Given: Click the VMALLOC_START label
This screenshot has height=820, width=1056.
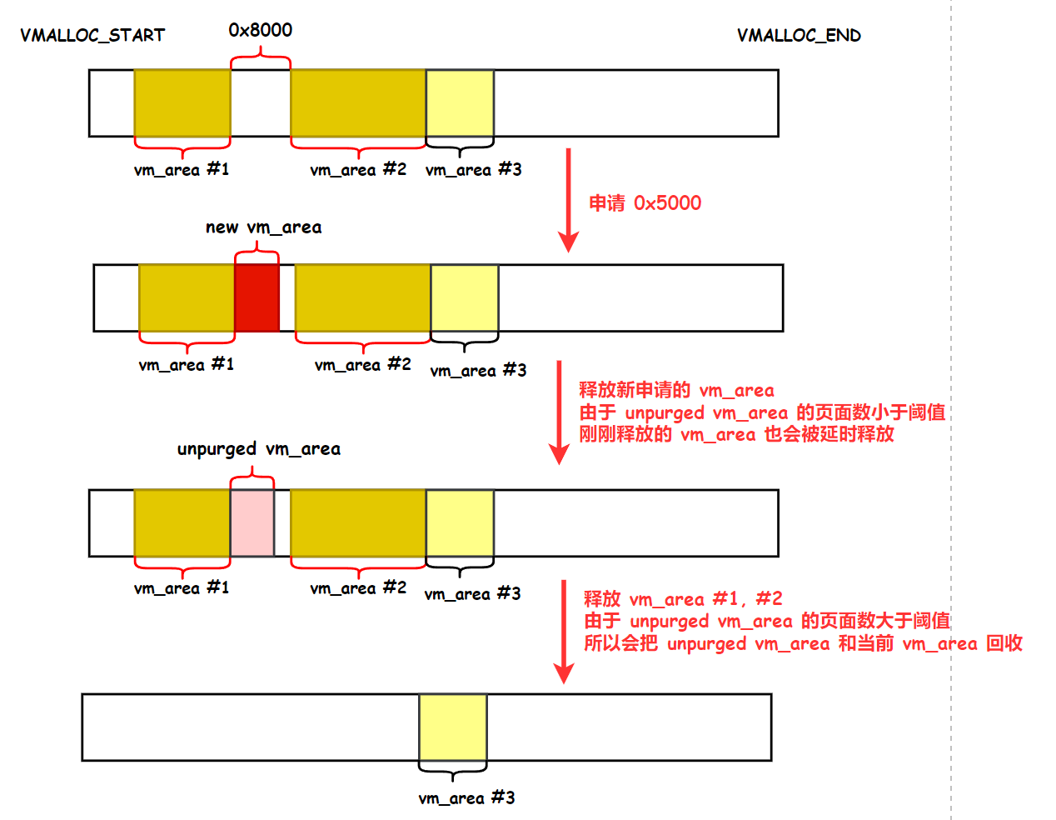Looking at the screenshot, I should (x=92, y=35).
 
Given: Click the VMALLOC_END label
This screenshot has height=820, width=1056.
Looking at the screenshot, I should (x=799, y=35).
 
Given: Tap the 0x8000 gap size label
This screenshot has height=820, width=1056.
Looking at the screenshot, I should (x=261, y=30).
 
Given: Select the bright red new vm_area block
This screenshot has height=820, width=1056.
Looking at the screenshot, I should (x=257, y=297).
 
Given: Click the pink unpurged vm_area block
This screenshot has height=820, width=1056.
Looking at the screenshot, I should (x=252, y=522).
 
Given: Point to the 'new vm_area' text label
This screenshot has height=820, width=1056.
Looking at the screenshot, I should (x=263, y=227).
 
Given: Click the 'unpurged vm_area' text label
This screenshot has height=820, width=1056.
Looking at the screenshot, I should (x=258, y=449).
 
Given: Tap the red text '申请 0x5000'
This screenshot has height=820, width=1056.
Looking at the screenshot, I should (x=645, y=203).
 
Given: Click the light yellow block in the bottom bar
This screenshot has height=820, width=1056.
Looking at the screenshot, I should (x=452, y=727).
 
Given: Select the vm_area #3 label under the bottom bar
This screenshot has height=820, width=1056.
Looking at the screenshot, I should (x=466, y=798).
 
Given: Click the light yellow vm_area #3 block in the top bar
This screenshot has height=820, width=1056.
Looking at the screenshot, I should (x=460, y=102).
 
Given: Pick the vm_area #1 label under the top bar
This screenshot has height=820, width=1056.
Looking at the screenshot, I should (x=182, y=170).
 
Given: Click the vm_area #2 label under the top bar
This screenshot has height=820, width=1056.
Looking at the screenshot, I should (x=358, y=170).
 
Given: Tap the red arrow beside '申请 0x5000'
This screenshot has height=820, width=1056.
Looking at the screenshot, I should (x=569, y=200).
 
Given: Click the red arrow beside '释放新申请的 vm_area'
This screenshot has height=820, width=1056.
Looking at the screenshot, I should (x=559, y=412).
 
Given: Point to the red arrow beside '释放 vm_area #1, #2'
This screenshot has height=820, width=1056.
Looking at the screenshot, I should (x=564, y=632).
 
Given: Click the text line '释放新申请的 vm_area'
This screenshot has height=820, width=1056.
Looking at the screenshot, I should (x=676, y=390).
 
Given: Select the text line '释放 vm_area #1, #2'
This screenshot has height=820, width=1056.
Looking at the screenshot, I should (x=683, y=599).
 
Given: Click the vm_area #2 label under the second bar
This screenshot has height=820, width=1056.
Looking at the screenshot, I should (x=363, y=365).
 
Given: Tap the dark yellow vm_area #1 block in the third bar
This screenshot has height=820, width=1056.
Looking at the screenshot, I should (x=182, y=522).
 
